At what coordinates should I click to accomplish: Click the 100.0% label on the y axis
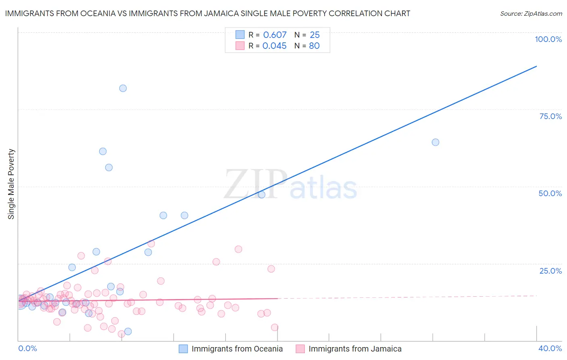548,39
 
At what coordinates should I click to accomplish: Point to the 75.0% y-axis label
550,116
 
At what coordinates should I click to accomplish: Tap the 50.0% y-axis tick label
550,193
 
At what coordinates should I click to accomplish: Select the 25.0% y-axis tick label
550,271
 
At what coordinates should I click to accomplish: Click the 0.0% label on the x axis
27,348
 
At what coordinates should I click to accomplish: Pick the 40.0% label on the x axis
550,348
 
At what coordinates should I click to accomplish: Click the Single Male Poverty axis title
11,184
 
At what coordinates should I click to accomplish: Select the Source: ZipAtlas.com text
531,13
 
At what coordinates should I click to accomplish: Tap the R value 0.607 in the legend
275,35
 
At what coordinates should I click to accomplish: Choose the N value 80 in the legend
314,46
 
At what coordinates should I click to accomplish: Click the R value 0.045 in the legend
275,46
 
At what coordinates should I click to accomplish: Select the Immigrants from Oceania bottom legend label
237,349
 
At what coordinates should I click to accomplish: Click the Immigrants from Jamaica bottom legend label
355,349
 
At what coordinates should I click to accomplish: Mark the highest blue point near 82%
123,88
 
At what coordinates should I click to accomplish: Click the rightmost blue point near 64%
436,142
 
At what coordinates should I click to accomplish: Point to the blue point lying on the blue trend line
262,195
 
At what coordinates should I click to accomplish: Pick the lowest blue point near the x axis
128,331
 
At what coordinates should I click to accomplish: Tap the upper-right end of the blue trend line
536,66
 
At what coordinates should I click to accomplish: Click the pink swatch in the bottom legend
300,349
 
